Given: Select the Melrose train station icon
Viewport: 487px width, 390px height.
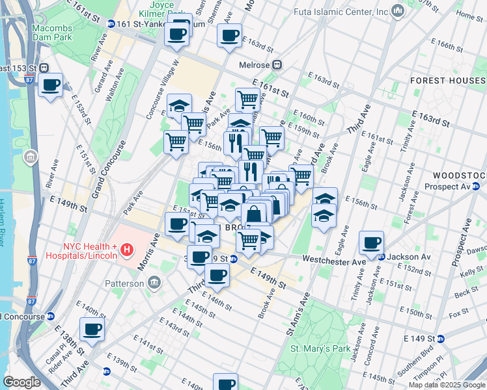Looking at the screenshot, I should [277, 65].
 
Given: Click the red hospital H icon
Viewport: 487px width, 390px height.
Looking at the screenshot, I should [128, 249].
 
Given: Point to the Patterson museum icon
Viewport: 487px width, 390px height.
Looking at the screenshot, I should [155, 283].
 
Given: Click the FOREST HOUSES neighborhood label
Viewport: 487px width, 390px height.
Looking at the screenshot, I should [448, 81].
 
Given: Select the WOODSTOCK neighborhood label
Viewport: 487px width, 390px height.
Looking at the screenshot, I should [460, 175].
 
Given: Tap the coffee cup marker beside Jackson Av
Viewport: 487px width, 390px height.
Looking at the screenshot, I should [371, 243].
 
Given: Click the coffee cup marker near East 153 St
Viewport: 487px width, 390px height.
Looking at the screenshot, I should [50, 84].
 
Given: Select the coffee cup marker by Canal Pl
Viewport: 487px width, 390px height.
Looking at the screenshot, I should [92, 329].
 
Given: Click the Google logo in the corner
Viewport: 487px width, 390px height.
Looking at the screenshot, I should [21, 382].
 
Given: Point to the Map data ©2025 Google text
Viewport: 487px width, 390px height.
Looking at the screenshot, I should [446, 385].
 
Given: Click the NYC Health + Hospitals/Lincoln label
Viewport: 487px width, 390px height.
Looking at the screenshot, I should [90, 250].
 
